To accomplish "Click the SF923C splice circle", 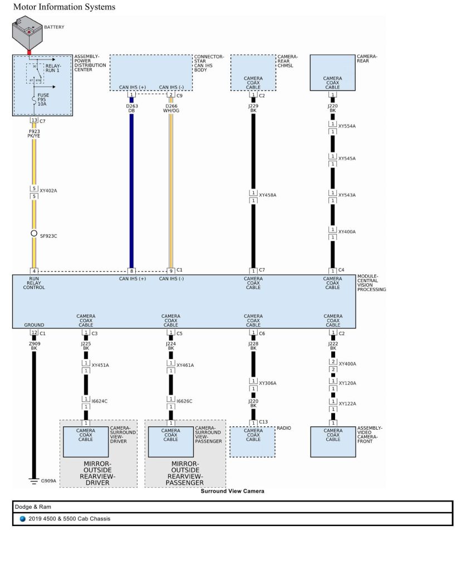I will pyautogui.click(x=34, y=234).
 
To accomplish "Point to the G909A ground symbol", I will pyautogui.click(x=34, y=480).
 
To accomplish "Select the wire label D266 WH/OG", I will pyautogui.click(x=171, y=108).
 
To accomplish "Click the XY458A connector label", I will pyautogui.click(x=267, y=195).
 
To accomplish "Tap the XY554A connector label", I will pyautogui.click(x=347, y=126).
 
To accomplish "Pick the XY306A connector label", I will pyautogui.click(x=267, y=384).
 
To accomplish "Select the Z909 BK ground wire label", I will pyautogui.click(x=34, y=346).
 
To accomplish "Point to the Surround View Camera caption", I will pyautogui.click(x=232, y=492).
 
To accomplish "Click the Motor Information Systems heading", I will pyautogui.click(x=65, y=7).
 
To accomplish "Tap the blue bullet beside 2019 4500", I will pyautogui.click(x=22, y=519).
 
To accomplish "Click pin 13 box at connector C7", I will pyautogui.click(x=34, y=120).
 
